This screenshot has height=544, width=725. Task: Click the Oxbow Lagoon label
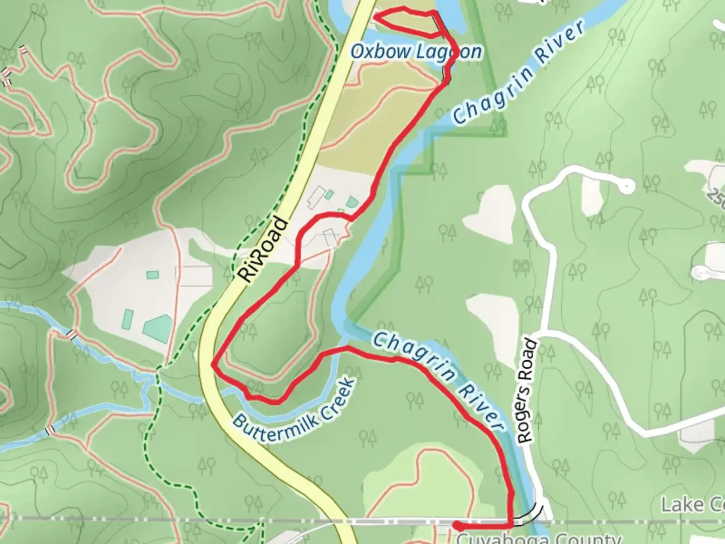pos(416,51)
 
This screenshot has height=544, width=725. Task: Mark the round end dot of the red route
pos(457,525)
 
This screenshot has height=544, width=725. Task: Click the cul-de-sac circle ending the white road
pos(626,187)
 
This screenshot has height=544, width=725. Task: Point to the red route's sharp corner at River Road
pos(214,366)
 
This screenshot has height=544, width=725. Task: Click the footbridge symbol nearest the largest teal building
pos(72,334)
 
